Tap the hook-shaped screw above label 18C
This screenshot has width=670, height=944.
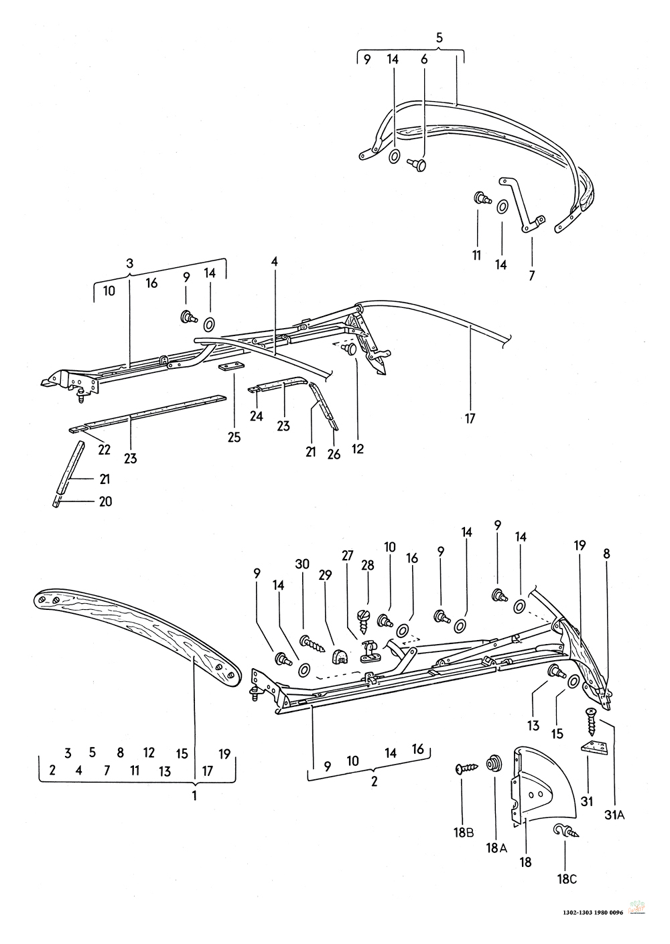562,832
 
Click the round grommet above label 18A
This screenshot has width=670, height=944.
496,762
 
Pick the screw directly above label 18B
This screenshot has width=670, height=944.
465,769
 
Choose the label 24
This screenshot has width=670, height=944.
257,416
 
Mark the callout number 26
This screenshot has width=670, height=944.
334,455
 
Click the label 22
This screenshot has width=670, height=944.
104,450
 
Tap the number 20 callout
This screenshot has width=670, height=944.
105,501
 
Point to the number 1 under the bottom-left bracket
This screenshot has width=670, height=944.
194,796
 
